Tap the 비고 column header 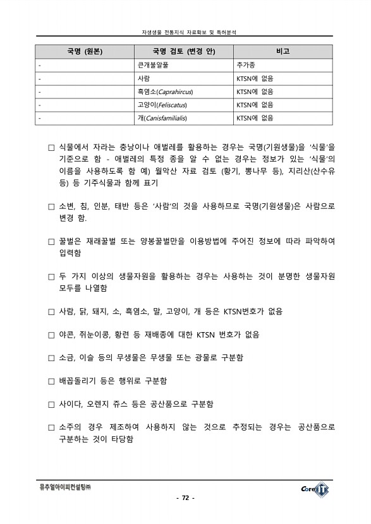(283, 51)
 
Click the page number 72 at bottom (185, 498)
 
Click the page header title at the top (185, 31)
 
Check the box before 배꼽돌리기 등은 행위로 (52, 381)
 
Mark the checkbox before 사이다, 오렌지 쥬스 (52, 405)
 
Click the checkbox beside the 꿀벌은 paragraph (52, 242)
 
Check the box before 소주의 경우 (52, 428)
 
